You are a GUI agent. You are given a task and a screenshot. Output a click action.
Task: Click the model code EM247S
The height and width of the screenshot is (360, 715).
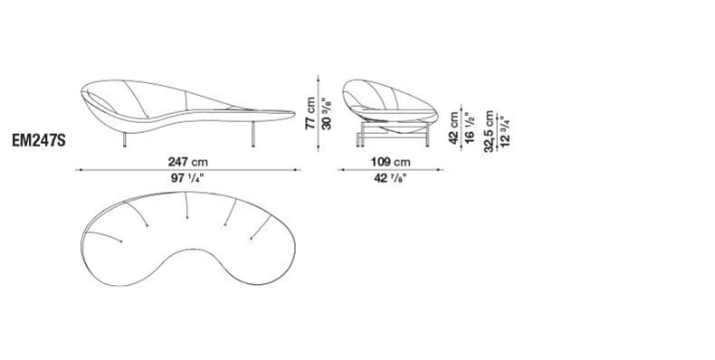(x=39, y=141)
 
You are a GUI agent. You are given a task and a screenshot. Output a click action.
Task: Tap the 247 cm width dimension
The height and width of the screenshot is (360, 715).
(x=188, y=162)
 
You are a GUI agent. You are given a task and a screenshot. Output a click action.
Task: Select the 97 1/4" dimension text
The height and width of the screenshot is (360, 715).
(x=187, y=177)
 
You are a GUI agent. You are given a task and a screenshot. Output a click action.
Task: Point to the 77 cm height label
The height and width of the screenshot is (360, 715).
(x=310, y=113)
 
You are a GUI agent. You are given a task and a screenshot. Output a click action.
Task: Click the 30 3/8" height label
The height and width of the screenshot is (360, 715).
(x=327, y=113)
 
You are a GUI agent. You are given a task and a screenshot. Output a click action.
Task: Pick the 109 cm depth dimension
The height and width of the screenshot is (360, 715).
(x=390, y=162)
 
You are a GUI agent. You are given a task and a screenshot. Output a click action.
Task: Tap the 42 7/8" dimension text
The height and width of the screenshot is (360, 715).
(x=390, y=177)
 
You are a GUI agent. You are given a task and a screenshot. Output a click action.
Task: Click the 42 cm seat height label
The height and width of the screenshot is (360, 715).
(x=453, y=128)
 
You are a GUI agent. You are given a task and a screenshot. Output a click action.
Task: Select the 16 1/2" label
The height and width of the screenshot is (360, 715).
(x=470, y=128)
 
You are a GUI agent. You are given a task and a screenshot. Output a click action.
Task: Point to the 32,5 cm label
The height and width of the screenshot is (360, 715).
(x=490, y=131)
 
